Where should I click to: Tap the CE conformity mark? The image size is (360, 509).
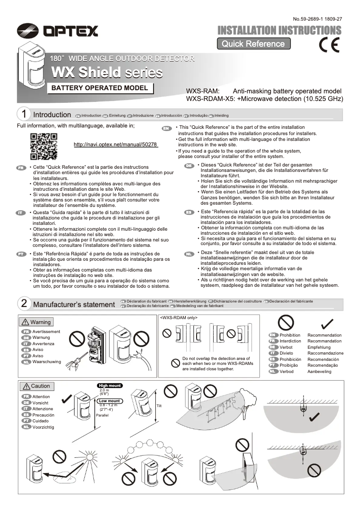329,45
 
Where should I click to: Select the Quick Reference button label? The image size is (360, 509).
253,44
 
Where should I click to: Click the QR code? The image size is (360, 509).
44,146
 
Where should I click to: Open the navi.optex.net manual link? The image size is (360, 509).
115,145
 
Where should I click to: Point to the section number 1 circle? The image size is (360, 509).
24,114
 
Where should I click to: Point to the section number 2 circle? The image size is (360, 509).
24,304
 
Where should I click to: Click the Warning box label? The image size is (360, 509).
36,322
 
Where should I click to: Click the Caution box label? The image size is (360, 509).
36,386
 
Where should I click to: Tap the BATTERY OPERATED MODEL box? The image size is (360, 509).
100,88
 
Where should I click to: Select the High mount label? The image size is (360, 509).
110,386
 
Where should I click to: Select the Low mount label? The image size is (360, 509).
110,401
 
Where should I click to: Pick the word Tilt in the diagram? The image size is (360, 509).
158,406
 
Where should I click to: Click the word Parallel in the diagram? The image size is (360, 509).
103,415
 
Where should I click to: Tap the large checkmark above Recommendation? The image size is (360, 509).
327,323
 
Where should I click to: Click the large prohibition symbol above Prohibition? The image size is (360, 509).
285,322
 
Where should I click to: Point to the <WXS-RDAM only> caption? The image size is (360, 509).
179,317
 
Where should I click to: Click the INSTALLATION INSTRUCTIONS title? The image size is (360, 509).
279,30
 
